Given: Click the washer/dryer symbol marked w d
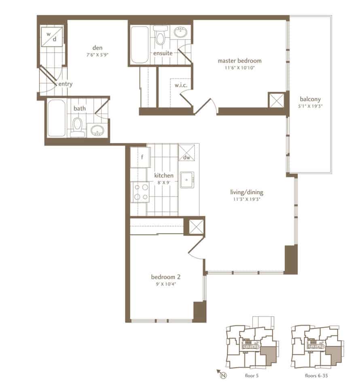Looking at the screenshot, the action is (x=51, y=36).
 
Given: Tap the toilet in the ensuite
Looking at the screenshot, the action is (x=160, y=36).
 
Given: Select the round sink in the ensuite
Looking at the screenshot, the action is (x=181, y=32).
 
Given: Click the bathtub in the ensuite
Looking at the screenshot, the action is (x=140, y=45).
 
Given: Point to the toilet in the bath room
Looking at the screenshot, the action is (x=78, y=127).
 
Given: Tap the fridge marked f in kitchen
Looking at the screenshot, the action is (x=140, y=157).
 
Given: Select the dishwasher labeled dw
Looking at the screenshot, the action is (x=187, y=153).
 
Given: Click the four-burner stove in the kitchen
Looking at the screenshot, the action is (x=141, y=192).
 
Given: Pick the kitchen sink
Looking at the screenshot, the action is (x=187, y=180).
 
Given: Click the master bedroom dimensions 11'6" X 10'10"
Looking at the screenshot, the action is (x=239, y=68).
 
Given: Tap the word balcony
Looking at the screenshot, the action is (x=310, y=99).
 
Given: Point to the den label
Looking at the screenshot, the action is (x=97, y=47).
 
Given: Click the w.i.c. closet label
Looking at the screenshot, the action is (x=181, y=85).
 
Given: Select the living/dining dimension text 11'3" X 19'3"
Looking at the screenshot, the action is (x=246, y=199).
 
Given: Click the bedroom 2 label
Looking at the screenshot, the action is (x=166, y=277).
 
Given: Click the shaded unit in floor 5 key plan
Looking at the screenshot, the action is (x=269, y=355).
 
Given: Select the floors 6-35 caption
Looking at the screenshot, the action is (x=316, y=376).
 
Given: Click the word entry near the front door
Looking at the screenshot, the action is (x=66, y=84).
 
